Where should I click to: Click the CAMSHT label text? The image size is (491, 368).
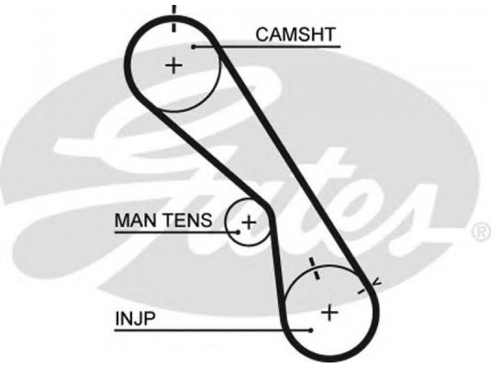295,34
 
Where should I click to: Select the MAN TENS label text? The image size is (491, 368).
163,220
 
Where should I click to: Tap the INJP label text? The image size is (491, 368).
135,318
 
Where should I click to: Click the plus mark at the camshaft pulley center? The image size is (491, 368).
174,66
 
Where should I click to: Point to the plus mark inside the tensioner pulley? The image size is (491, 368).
249,223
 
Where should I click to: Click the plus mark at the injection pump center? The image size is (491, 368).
330,313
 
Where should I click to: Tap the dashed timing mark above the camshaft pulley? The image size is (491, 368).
174,18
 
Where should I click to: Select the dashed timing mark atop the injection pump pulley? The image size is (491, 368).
314,269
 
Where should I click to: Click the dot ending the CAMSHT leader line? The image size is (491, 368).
194,47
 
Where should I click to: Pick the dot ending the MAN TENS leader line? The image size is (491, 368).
238,232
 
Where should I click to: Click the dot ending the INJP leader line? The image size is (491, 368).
311,330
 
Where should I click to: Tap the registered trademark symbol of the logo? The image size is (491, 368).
482,232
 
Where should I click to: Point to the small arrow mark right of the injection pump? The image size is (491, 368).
377,282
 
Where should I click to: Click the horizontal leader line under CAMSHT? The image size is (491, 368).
267,47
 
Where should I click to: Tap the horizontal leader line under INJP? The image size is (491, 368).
213,330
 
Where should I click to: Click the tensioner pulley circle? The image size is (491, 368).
226,222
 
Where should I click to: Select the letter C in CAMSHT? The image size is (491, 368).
263,34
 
